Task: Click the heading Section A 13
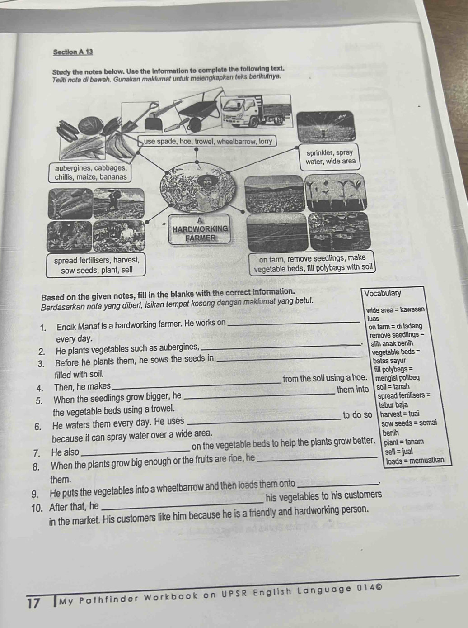point(73,52)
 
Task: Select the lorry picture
point(255,113)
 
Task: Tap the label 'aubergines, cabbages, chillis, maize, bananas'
point(90,172)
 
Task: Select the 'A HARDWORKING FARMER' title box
point(201,229)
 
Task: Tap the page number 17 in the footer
point(34,604)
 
